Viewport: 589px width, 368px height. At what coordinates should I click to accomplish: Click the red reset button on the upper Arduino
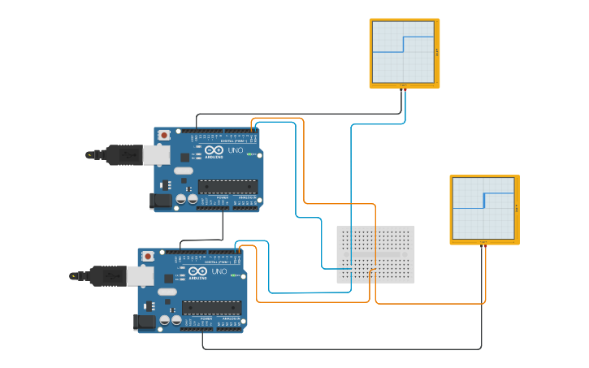[x=165, y=135]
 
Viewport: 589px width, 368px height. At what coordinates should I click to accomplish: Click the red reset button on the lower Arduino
[x=148, y=256]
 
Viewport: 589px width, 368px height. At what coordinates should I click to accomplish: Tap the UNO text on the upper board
[x=235, y=150]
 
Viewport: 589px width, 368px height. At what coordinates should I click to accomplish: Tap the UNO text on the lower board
[x=218, y=271]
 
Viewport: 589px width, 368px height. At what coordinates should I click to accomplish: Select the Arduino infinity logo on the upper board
[x=214, y=150]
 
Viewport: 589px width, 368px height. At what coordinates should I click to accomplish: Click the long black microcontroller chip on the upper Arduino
[x=228, y=186]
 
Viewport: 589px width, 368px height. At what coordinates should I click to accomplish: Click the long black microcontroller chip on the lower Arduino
[x=211, y=307]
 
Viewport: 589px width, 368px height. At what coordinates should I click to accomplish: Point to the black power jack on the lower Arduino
[x=145, y=322]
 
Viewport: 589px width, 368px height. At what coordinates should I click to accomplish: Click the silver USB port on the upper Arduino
[x=157, y=154]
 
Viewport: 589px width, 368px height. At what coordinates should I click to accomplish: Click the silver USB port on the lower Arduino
[x=140, y=276]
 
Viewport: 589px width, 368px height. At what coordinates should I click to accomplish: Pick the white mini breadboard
[x=375, y=254]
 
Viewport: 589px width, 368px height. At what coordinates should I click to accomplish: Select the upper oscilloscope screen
[x=404, y=51]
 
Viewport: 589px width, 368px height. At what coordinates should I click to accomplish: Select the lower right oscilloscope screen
[x=483, y=208]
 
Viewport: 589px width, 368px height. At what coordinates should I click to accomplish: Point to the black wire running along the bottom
[x=341, y=349]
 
